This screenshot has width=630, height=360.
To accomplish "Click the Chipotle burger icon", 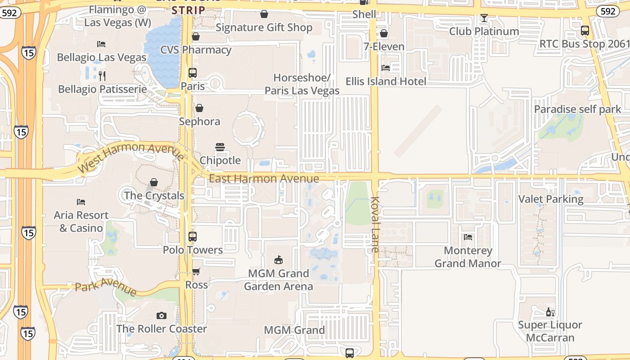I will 220,147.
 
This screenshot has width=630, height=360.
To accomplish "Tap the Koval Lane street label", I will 376,224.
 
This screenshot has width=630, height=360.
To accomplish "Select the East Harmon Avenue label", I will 264,179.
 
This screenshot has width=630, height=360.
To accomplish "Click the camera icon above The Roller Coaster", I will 162,316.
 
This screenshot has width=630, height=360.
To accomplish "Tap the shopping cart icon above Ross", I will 196,271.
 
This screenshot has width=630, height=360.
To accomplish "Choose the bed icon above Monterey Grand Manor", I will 468,237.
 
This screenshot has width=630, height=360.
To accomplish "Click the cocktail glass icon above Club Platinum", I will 484,18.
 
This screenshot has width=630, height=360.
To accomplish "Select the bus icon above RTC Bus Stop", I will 585,31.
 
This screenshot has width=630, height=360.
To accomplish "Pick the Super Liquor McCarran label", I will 550,331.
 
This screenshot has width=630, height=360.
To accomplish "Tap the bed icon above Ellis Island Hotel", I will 386,68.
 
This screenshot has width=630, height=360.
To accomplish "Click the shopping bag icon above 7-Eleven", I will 384,33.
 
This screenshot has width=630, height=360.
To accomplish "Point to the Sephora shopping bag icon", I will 199,108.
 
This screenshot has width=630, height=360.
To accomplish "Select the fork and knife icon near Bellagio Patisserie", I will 102,76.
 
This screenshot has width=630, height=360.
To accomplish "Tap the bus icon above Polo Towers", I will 193,237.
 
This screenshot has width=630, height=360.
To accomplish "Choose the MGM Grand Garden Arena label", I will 279,280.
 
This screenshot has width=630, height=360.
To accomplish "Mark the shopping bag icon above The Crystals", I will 154,182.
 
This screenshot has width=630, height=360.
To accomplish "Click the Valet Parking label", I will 551,199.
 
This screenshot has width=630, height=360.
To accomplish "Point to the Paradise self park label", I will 577,109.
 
